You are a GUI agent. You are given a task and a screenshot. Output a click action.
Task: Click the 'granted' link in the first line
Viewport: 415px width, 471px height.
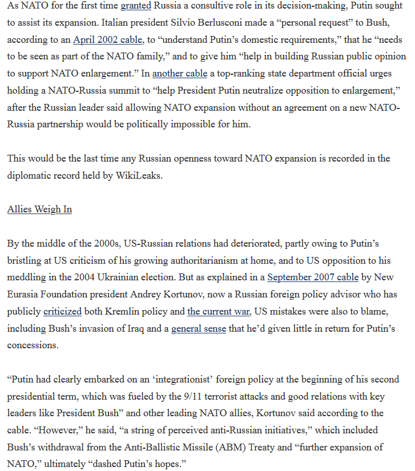[x=136, y=6]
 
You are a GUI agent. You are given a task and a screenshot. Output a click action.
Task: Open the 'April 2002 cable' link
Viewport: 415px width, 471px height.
[x=108, y=40]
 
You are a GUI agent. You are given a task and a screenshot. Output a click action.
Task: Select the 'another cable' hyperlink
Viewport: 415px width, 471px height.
[x=176, y=74]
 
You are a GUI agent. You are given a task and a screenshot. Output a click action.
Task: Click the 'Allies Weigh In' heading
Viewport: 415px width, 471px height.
[x=39, y=209]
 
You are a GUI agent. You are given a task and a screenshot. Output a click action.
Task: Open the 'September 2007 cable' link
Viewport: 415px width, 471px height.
[x=313, y=277]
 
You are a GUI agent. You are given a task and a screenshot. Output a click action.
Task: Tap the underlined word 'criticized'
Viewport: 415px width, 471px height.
[x=63, y=311]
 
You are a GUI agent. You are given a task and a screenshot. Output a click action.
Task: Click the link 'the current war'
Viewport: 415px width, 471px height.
[x=219, y=311]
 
